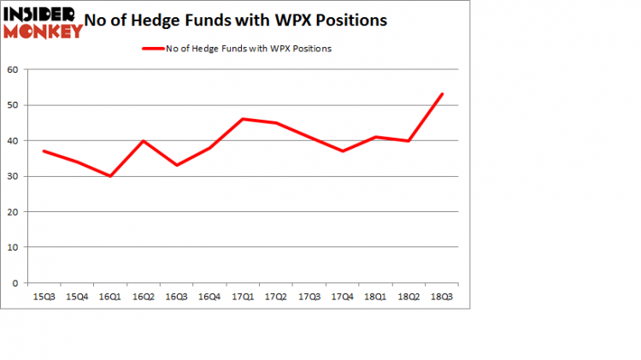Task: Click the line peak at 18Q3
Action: (x=442, y=94)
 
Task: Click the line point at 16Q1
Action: (x=109, y=176)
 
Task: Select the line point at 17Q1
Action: (x=243, y=119)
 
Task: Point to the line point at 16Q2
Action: (x=143, y=140)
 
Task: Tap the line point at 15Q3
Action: (x=43, y=150)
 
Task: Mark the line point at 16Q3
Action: (x=176, y=165)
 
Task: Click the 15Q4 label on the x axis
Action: (x=76, y=297)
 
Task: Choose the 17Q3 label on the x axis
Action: (x=309, y=297)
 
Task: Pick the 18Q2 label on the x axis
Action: (x=409, y=297)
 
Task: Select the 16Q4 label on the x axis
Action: (x=209, y=297)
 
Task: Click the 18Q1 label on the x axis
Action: (x=375, y=297)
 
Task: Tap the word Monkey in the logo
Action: (x=43, y=31)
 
